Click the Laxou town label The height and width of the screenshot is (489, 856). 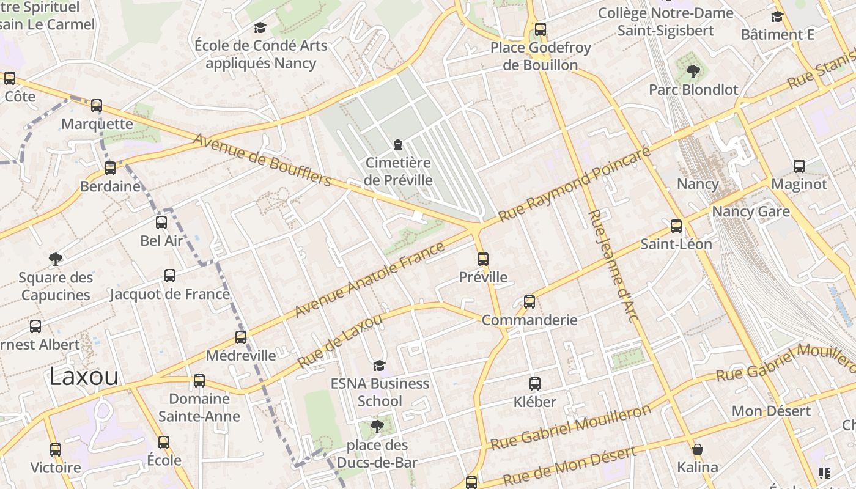(84, 377)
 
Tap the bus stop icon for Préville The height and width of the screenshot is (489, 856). (483, 259)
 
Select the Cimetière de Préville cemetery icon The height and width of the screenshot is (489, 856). (398, 145)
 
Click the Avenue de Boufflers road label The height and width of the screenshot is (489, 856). (263, 160)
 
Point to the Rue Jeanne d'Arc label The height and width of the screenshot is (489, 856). (613, 266)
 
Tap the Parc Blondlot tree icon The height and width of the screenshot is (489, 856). (693, 72)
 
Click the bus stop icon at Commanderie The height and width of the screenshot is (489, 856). (529, 302)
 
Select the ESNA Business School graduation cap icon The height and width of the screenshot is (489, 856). (379, 366)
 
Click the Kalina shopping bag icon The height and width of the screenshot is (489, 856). (698, 450)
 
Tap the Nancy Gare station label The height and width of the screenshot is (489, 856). (751, 211)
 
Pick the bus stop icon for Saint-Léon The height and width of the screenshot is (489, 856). (676, 226)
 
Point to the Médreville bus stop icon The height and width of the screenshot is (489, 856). (241, 337)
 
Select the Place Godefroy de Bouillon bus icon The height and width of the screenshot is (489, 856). (540, 29)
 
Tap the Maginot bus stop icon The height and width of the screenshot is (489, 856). (799, 166)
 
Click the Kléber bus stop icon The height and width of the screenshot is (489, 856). (535, 384)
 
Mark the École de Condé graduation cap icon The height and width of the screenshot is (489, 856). (260, 28)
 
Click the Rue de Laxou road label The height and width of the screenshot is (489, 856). (340, 341)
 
